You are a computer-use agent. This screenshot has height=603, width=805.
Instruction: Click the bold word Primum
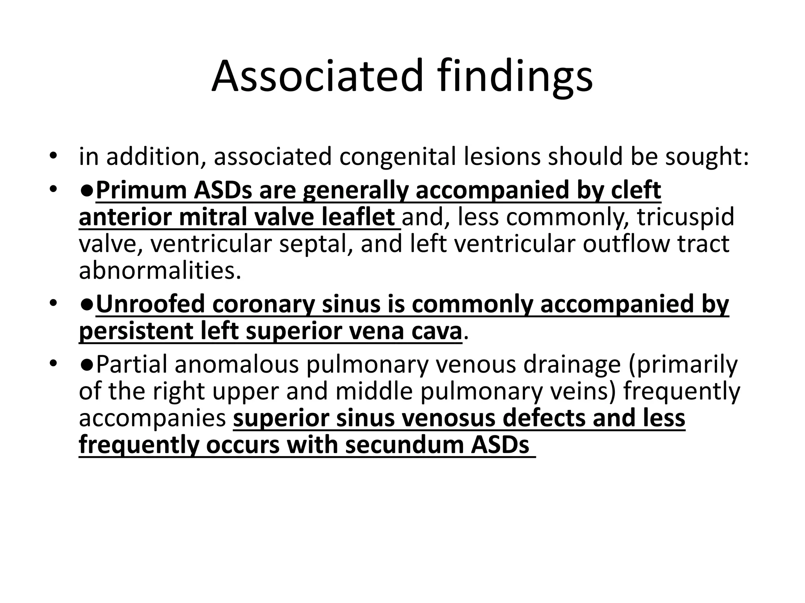(x=141, y=191)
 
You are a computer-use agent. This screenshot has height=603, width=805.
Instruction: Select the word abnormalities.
(x=160, y=270)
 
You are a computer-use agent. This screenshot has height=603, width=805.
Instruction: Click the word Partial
(x=131, y=365)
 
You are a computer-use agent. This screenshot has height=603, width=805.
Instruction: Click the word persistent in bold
(x=136, y=331)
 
